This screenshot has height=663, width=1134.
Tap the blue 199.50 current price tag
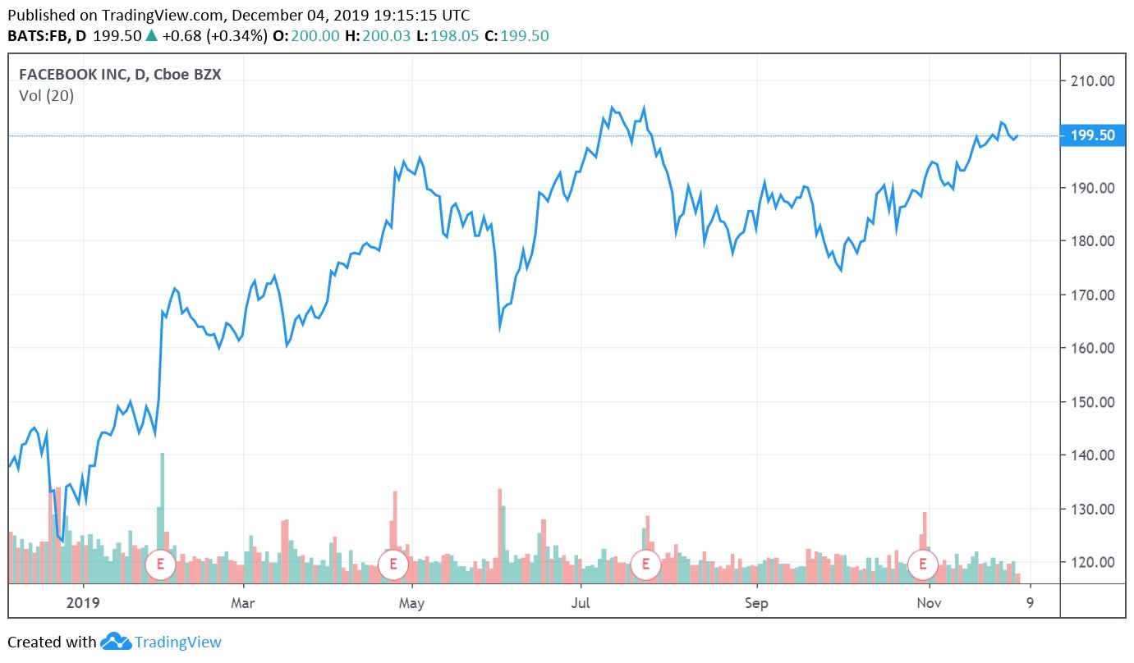coord(1090,135)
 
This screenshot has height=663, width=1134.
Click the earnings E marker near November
coord(924,565)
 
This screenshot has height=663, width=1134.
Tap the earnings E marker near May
coord(393,565)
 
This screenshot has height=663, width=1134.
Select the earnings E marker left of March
coord(160,565)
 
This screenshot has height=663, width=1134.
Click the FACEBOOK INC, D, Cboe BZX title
coord(120,75)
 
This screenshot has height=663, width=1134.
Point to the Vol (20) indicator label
coord(46,96)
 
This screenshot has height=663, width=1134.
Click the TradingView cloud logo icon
coord(116,642)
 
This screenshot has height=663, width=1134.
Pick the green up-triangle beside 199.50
coord(151,36)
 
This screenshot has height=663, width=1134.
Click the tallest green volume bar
coord(163,517)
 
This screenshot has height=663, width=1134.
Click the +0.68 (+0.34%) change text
coord(214,36)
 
